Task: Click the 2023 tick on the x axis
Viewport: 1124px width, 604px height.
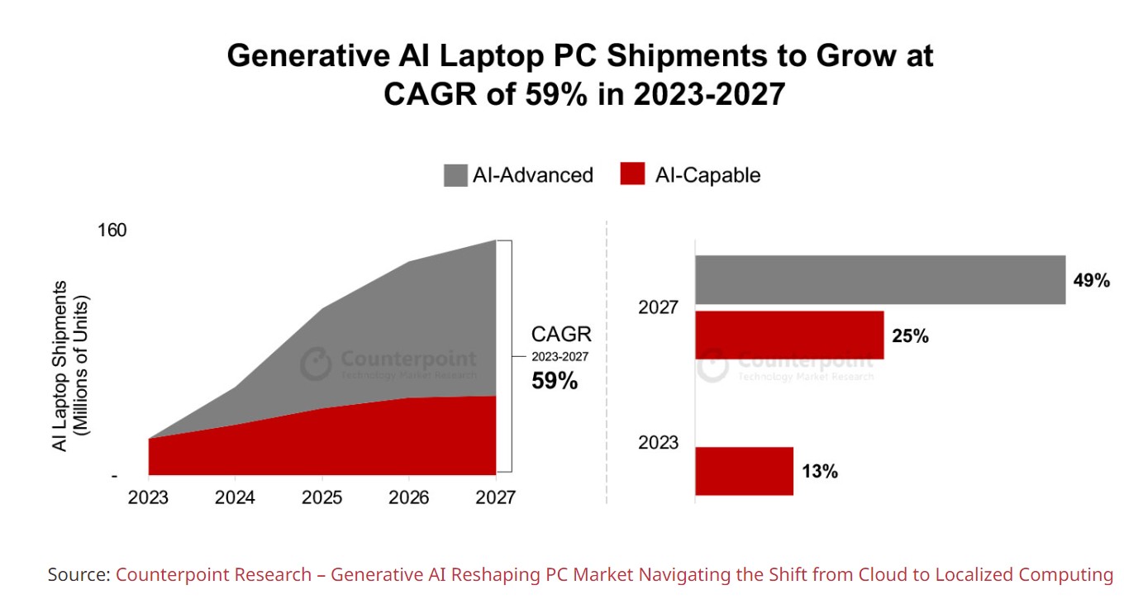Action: (x=149, y=497)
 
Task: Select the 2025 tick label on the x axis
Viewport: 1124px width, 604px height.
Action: (x=322, y=497)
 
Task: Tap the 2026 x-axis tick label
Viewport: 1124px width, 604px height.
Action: (x=409, y=497)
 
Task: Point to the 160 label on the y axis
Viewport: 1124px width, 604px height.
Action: (x=112, y=230)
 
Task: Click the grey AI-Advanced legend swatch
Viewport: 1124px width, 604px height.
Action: (x=455, y=175)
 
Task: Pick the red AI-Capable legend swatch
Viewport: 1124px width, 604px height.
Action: (x=631, y=175)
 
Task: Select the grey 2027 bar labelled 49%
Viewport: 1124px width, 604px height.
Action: (x=879, y=280)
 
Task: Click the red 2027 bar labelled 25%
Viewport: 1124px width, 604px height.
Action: (x=789, y=335)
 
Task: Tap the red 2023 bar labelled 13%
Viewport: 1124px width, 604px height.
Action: (x=744, y=471)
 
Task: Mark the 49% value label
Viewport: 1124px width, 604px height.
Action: (x=1091, y=281)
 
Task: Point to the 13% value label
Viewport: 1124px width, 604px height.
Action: (x=819, y=472)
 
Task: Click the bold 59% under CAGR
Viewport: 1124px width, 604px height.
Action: (x=554, y=382)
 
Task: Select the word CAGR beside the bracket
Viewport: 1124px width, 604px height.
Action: (x=561, y=335)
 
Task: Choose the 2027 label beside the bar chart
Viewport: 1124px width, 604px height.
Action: (x=658, y=308)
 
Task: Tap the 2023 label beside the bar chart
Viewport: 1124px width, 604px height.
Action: (x=658, y=443)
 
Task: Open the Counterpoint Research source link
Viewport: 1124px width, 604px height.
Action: (x=614, y=574)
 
